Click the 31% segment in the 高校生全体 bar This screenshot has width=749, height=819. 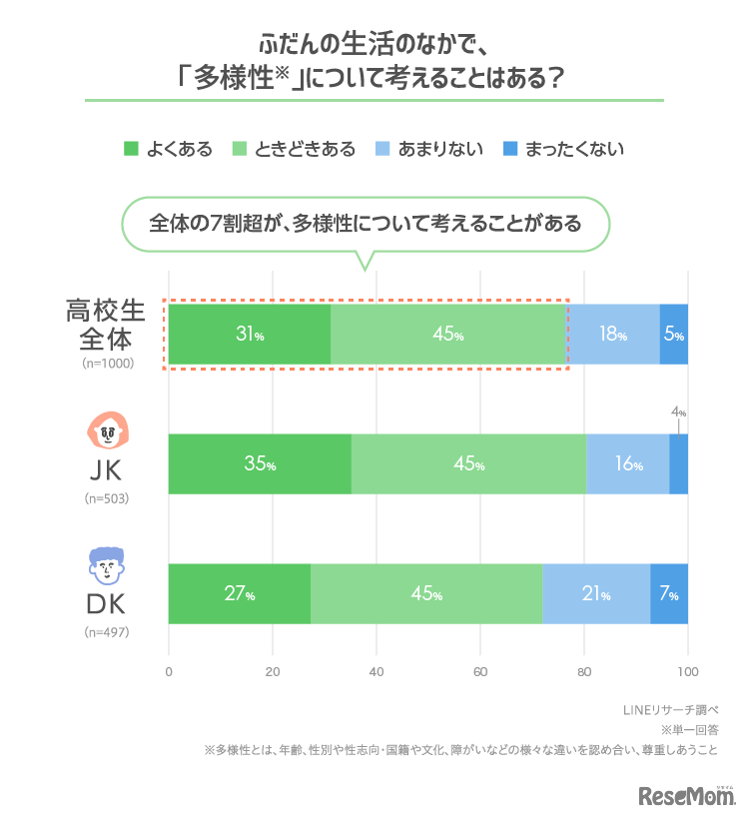250,335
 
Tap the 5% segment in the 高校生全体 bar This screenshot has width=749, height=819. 674,335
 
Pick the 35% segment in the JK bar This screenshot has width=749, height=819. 260,464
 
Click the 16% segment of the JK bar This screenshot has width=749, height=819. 627,464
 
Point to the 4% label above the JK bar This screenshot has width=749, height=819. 678,411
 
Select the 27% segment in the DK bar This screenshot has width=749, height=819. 240,594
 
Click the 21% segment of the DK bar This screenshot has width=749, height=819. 596,594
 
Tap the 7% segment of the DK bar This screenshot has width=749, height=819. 669,594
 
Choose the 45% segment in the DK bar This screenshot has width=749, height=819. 426,594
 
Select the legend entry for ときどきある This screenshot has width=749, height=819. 293,149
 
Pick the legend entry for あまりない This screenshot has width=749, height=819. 428,149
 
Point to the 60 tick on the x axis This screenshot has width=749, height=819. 479,671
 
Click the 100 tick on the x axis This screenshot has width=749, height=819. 687,671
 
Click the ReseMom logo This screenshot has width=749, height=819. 688,796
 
